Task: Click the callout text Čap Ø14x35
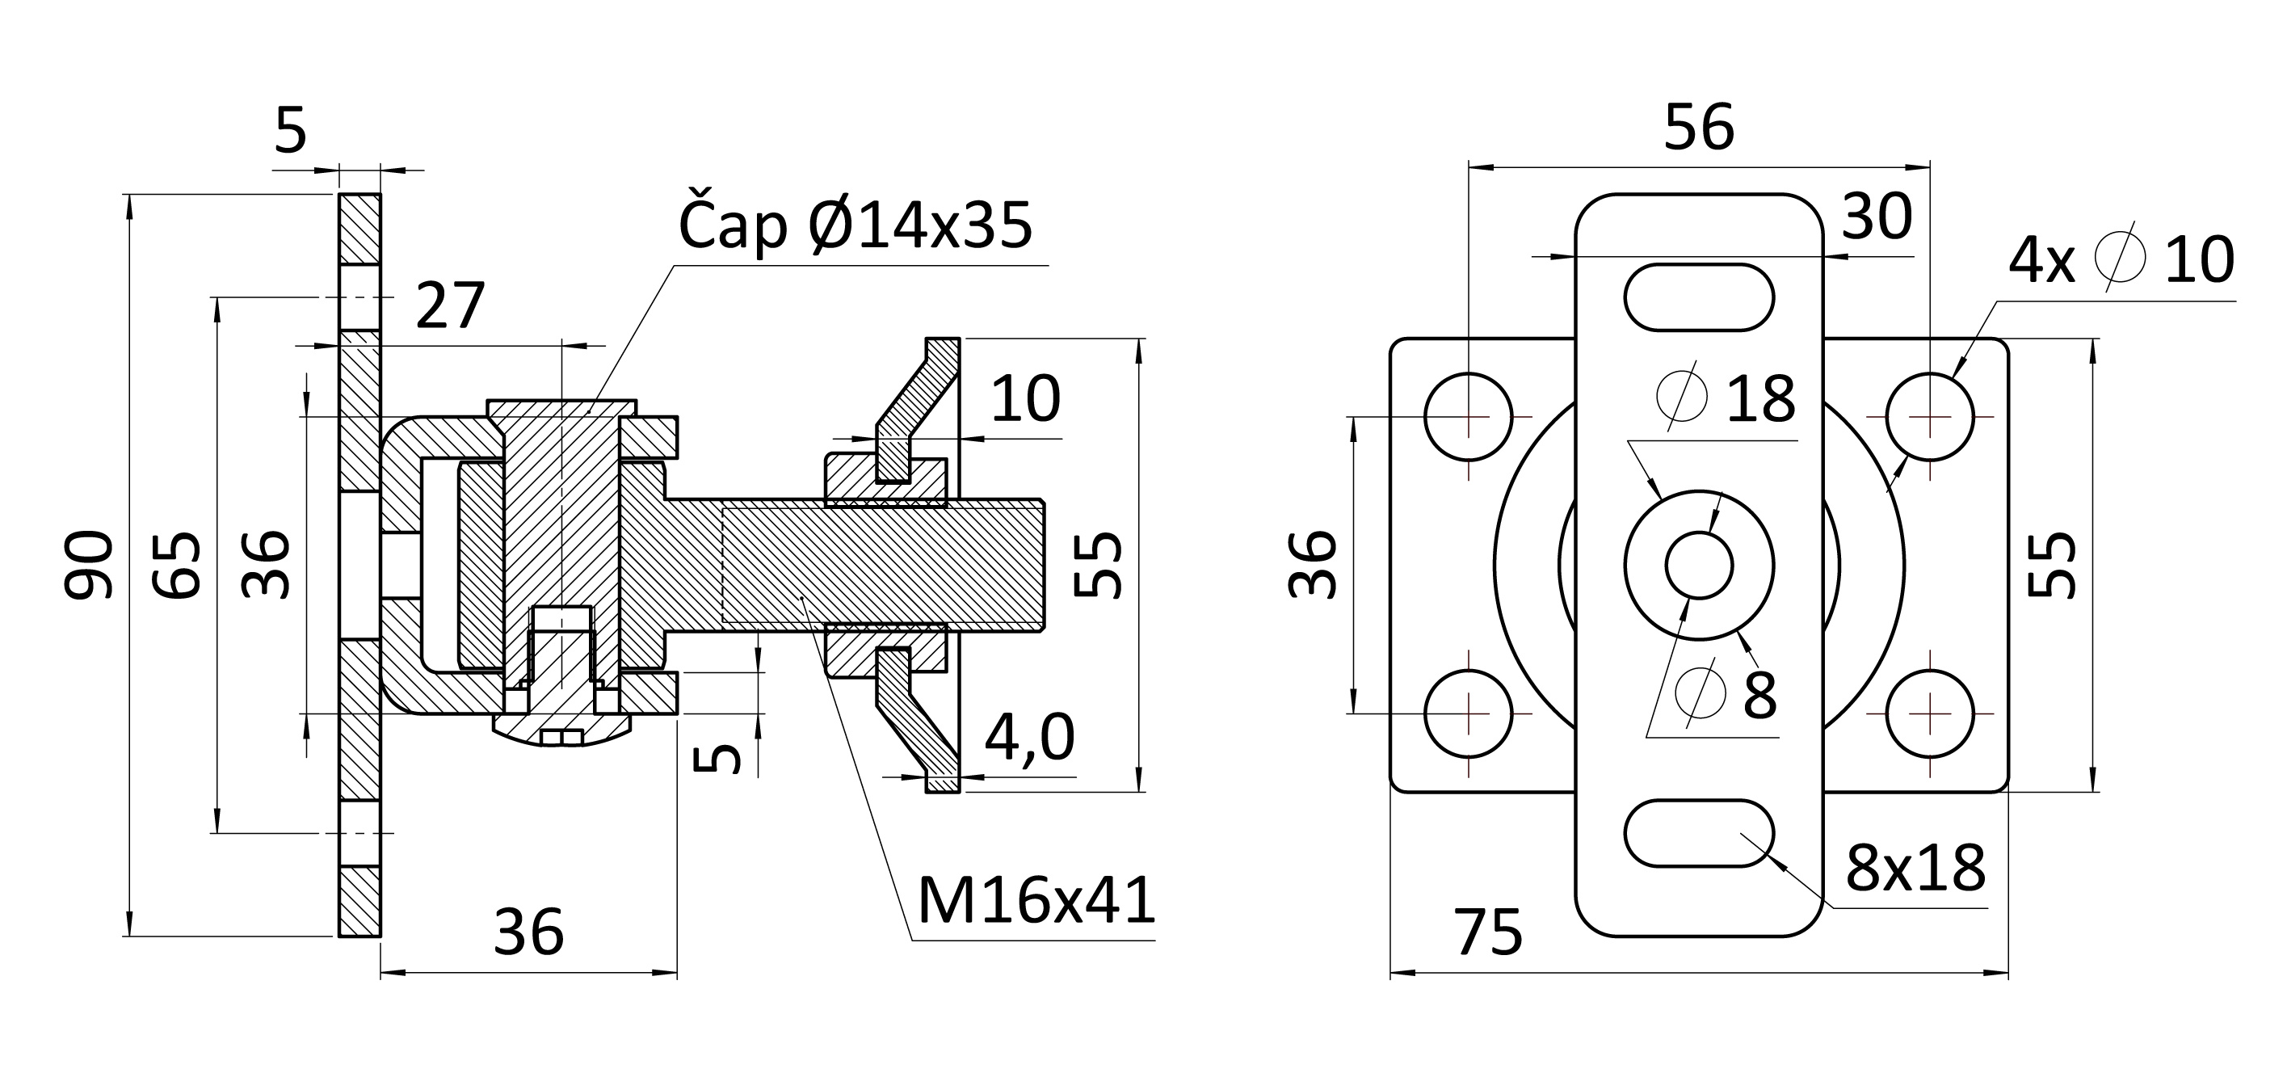click(x=855, y=225)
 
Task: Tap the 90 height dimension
click(x=89, y=564)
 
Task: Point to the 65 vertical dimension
click(x=176, y=565)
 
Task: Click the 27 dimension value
click(x=451, y=305)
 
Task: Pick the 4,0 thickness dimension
click(x=1030, y=737)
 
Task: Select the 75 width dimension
click(x=1488, y=932)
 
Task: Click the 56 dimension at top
click(x=1698, y=128)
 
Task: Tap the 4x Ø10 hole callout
click(x=2121, y=260)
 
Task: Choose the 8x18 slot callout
click(x=1916, y=869)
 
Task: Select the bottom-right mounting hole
click(x=1930, y=713)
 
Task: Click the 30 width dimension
click(x=1877, y=216)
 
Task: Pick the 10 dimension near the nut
click(x=1025, y=398)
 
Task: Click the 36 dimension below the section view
click(x=529, y=932)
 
